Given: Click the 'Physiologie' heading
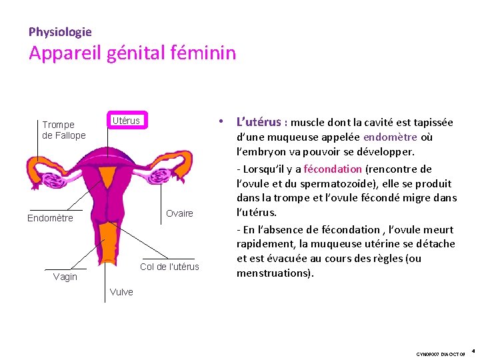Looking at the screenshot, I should [60, 31].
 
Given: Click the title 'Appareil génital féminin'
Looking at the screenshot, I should [132, 53].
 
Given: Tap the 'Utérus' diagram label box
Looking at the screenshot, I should [126, 121].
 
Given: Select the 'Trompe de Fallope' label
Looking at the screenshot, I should [64, 130].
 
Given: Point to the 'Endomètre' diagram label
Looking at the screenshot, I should [50, 218].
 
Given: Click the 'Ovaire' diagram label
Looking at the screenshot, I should [179, 213].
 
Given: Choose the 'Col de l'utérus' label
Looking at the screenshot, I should [169, 267].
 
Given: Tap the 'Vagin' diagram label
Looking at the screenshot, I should [65, 277].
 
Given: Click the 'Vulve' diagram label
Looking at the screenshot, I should [121, 292].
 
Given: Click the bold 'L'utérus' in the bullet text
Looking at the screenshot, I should [259, 122].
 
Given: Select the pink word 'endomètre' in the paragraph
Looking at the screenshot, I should [390, 137].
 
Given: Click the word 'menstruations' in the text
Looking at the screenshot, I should [273, 273].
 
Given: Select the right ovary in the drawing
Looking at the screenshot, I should [161, 177].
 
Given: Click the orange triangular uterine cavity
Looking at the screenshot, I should [107, 177].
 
